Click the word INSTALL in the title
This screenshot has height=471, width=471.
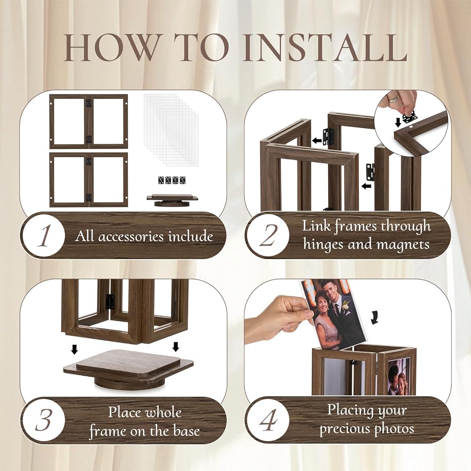click(x=325, y=48)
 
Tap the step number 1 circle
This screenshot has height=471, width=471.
click(x=44, y=235)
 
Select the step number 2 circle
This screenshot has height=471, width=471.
click(x=268, y=235)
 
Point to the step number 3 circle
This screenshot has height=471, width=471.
click(x=44, y=420)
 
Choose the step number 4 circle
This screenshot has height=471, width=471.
click(x=268, y=420)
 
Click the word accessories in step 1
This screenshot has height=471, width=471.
click(x=131, y=237)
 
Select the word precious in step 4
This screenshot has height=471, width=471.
click(x=341, y=428)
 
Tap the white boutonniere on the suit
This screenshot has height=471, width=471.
click(x=347, y=307)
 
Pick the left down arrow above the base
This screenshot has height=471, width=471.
click(x=74, y=349)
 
